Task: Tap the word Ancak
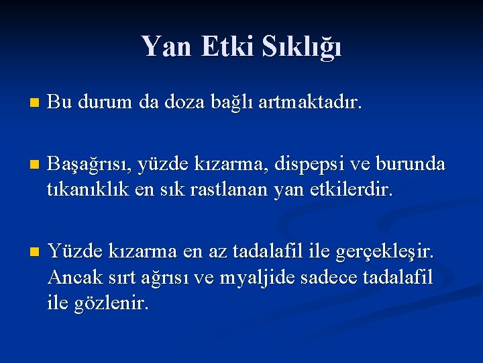[73, 277]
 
